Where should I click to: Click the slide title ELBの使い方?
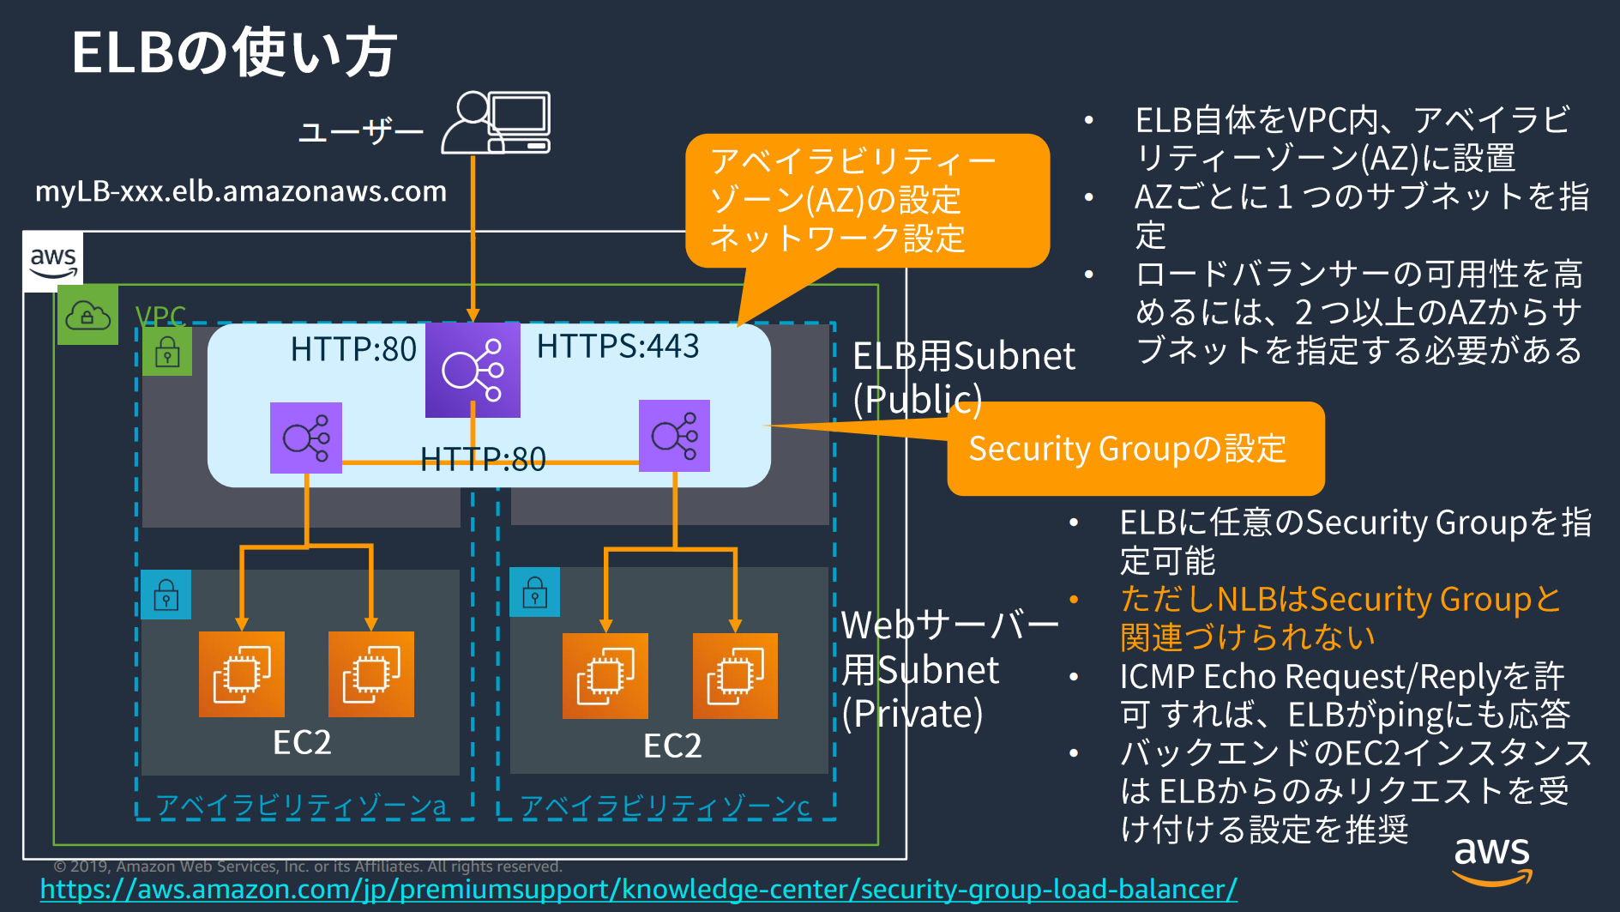point(234,53)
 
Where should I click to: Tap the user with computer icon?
point(497,124)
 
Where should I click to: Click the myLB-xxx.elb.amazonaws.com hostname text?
point(241,190)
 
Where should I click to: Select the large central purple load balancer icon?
point(473,370)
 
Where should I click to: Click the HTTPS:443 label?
point(617,347)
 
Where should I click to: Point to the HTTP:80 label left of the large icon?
point(353,349)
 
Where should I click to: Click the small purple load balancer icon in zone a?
point(306,438)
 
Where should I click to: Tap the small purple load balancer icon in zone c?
point(674,436)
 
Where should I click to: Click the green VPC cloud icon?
point(87,315)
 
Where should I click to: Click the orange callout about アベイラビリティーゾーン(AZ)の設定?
point(866,200)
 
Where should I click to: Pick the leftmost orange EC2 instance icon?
point(242,674)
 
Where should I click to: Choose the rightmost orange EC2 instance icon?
point(735,676)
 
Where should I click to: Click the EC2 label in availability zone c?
point(672,746)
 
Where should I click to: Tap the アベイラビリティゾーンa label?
point(301,806)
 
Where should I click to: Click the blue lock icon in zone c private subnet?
point(534,592)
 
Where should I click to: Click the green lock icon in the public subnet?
point(167,352)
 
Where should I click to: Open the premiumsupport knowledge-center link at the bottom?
point(638,890)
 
